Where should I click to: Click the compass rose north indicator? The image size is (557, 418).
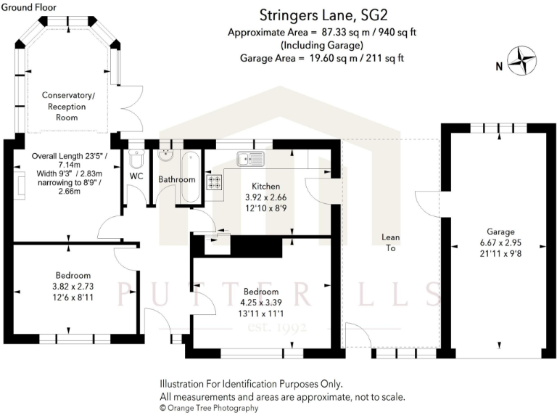pos(521,62)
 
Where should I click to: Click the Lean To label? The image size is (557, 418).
pos(391,242)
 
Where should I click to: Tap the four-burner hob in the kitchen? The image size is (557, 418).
pos(215,181)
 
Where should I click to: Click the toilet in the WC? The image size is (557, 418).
pos(136,158)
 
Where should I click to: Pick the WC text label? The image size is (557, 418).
pos(136,176)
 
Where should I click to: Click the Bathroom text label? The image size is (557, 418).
pos(177,179)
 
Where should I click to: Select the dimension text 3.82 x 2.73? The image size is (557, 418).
pos(73,286)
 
